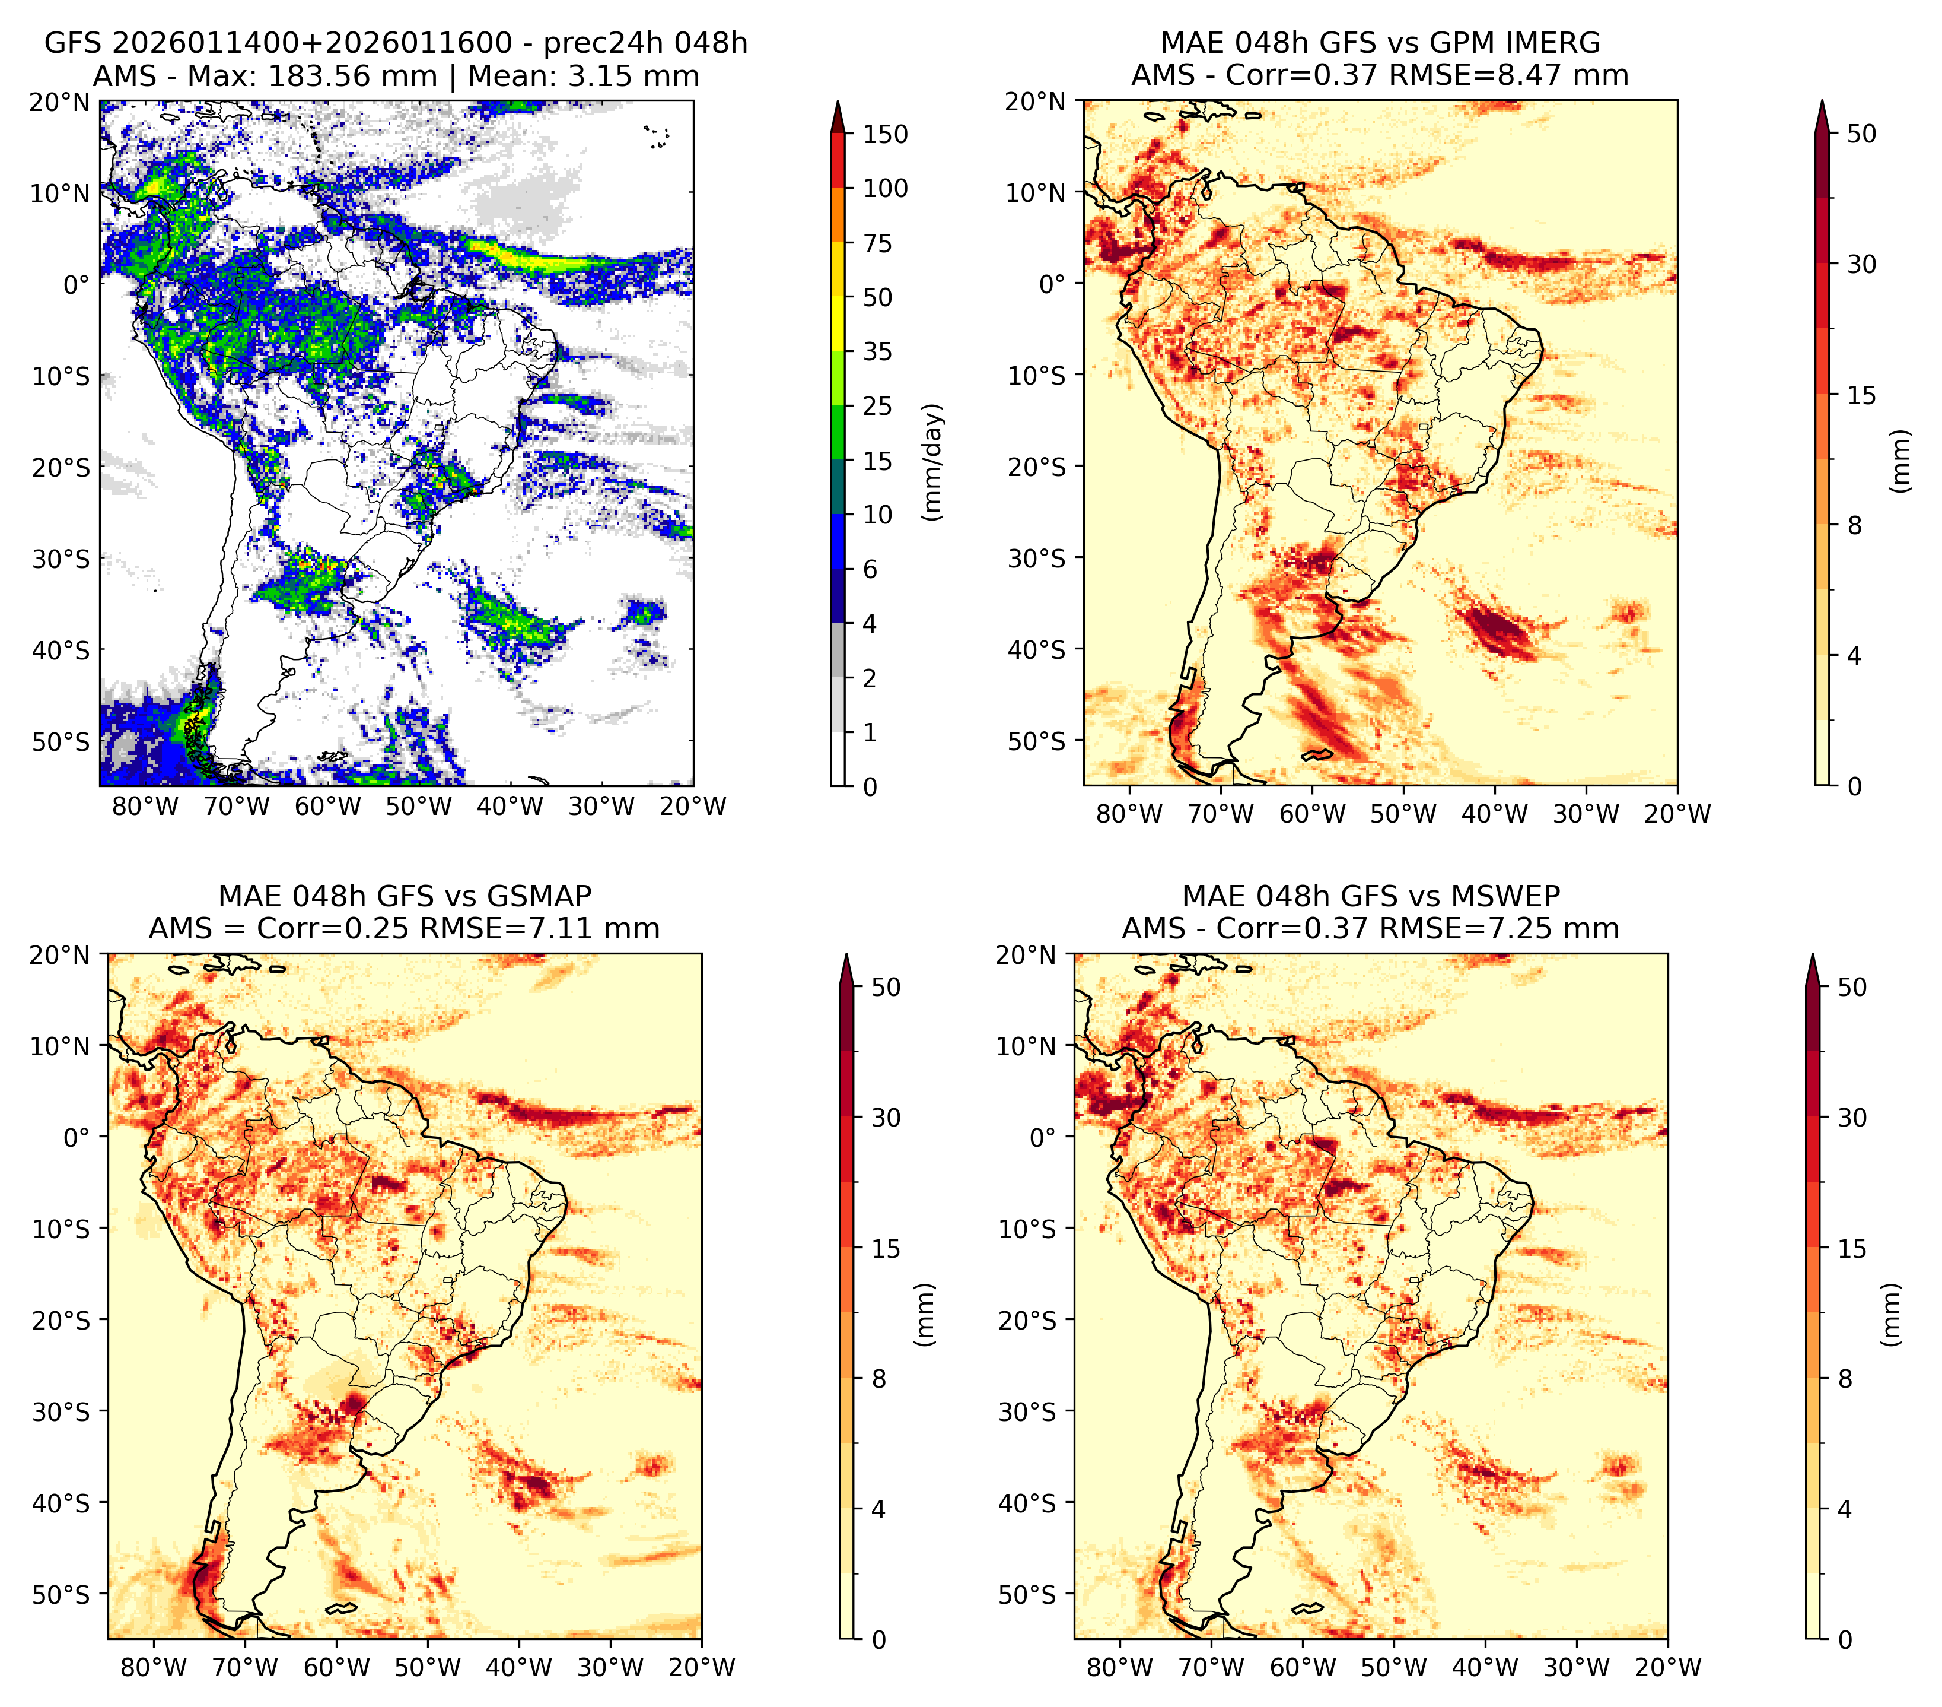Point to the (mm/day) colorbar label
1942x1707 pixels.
934,462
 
